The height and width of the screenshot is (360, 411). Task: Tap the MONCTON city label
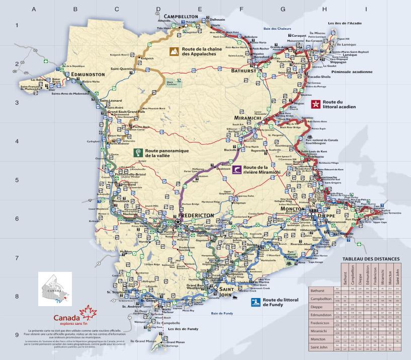[292, 207]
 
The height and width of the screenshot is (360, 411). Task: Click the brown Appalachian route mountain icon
[174, 51]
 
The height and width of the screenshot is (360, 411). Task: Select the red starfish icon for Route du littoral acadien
[316, 104]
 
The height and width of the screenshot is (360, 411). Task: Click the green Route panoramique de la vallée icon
[137, 153]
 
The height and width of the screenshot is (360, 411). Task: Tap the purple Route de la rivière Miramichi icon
[236, 169]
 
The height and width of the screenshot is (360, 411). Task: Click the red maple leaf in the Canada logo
[89, 313]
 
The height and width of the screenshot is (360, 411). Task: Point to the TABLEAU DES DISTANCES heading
[371, 259]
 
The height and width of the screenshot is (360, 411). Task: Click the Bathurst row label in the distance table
[318, 291]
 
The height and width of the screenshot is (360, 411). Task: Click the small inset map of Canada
[55, 289]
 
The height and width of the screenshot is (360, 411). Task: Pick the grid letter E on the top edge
[200, 9]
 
